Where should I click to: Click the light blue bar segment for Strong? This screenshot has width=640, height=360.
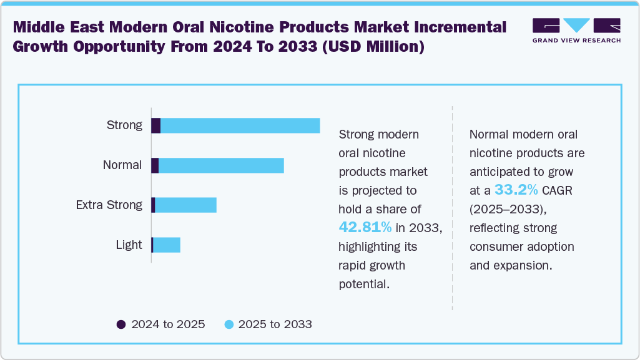click(240, 125)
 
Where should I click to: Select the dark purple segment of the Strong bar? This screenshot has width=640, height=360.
click(156, 125)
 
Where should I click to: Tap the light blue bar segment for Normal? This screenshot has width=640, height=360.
click(221, 165)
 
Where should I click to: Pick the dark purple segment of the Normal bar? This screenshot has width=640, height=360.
click(155, 165)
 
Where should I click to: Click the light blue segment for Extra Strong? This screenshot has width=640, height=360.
click(185, 205)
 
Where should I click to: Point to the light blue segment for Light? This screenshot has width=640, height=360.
click(167, 245)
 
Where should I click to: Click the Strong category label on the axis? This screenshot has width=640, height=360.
click(125, 125)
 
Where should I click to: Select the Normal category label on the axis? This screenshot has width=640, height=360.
click(122, 165)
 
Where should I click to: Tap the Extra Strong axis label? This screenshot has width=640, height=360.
click(109, 205)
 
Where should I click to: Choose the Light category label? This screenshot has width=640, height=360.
click(129, 245)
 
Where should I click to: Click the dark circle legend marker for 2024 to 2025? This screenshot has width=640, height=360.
click(121, 324)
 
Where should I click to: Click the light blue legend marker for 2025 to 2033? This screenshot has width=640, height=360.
click(229, 324)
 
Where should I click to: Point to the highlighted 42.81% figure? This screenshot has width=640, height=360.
click(365, 227)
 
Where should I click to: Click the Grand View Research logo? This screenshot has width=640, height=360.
click(576, 31)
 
